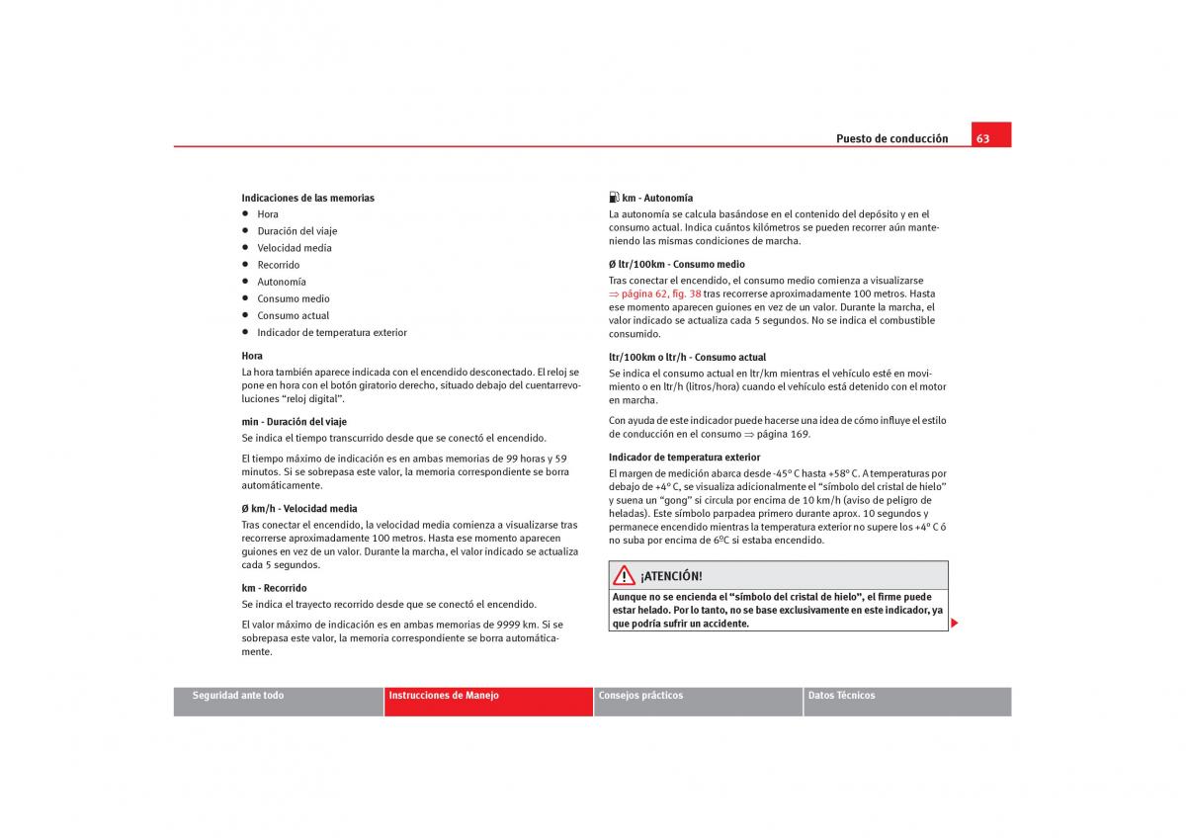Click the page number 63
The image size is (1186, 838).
pyautogui.click(x=983, y=138)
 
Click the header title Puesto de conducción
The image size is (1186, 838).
pyautogui.click(x=891, y=138)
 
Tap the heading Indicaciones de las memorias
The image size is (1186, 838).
pyautogui.click(x=307, y=198)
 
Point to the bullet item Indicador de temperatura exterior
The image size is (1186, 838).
pyautogui.click(x=331, y=332)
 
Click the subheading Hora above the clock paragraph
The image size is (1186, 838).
pyautogui.click(x=252, y=355)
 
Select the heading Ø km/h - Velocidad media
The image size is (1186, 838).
pyautogui.click(x=298, y=508)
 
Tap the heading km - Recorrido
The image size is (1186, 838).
pyautogui.click(x=274, y=588)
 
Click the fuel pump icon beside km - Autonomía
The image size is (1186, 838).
pyautogui.click(x=614, y=198)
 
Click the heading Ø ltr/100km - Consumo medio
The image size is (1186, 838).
pyautogui.click(x=676, y=264)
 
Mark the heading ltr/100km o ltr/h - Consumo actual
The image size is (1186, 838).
pyautogui.click(x=687, y=357)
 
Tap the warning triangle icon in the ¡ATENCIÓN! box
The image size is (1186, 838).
pyautogui.click(x=623, y=575)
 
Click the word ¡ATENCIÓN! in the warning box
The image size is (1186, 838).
pyautogui.click(x=671, y=576)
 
